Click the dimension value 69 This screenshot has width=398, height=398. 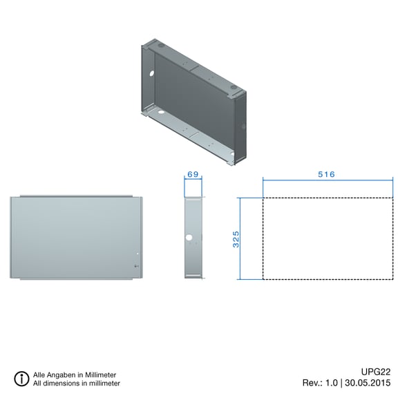point(193,174)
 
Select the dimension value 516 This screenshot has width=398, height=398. point(326,174)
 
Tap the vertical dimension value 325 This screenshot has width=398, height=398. point(236,239)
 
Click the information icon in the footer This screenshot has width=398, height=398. point(21,379)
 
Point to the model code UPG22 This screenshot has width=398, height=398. point(376,372)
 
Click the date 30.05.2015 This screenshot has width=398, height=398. point(368,383)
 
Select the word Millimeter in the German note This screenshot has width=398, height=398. point(100,375)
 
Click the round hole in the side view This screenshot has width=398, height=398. point(189,238)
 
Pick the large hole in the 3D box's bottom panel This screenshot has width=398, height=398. point(161,112)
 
